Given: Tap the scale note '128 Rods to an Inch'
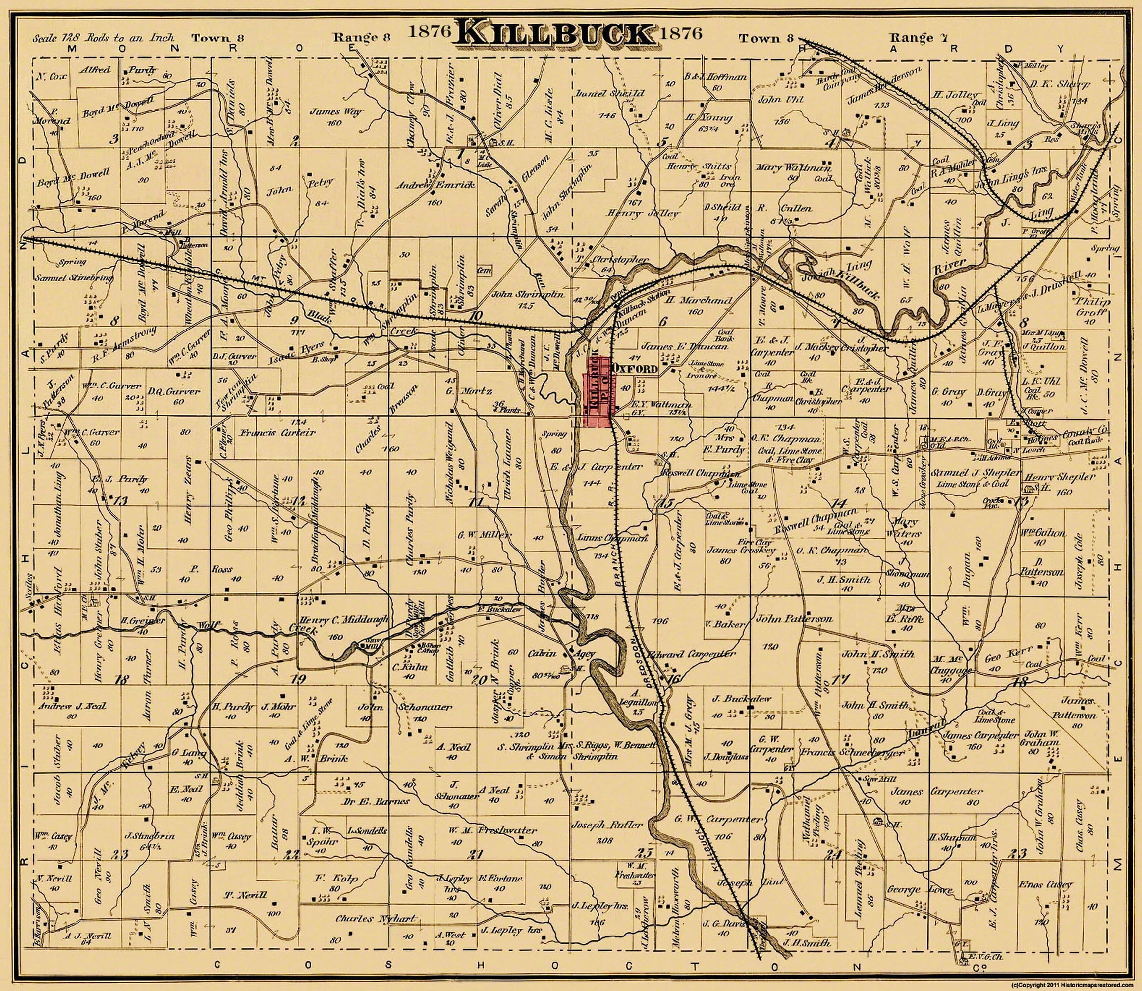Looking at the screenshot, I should (x=104, y=38).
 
